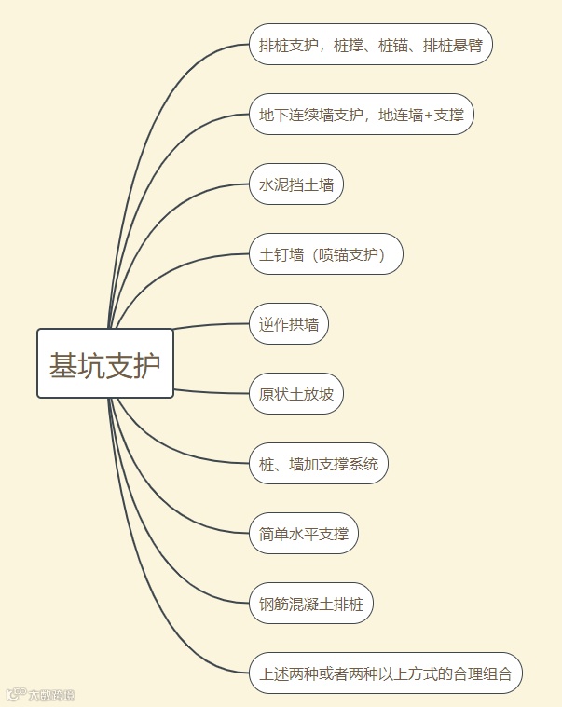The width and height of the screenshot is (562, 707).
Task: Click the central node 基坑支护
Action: (x=105, y=363)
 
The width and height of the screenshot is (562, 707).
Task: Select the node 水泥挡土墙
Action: (x=296, y=184)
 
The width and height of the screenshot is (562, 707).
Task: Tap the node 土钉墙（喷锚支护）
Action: (x=326, y=254)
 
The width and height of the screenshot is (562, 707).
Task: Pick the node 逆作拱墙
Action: (x=289, y=324)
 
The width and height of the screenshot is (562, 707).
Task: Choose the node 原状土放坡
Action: (x=296, y=394)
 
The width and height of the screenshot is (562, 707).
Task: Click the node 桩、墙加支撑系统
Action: (x=319, y=464)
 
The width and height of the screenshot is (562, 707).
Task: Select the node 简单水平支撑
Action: (x=304, y=534)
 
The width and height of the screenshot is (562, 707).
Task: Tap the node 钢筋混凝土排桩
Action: (x=311, y=604)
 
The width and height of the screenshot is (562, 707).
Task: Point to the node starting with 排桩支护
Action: (x=371, y=45)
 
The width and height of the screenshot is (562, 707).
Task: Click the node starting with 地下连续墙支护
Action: (x=362, y=115)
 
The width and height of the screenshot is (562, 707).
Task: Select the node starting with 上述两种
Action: (x=386, y=673)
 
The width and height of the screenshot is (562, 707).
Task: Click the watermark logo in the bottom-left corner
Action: (x=15, y=695)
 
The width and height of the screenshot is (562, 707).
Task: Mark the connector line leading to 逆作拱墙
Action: (x=211, y=325)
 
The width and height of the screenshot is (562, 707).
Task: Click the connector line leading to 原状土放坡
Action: (x=211, y=391)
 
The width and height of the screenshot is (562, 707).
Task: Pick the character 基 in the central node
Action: (x=63, y=364)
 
